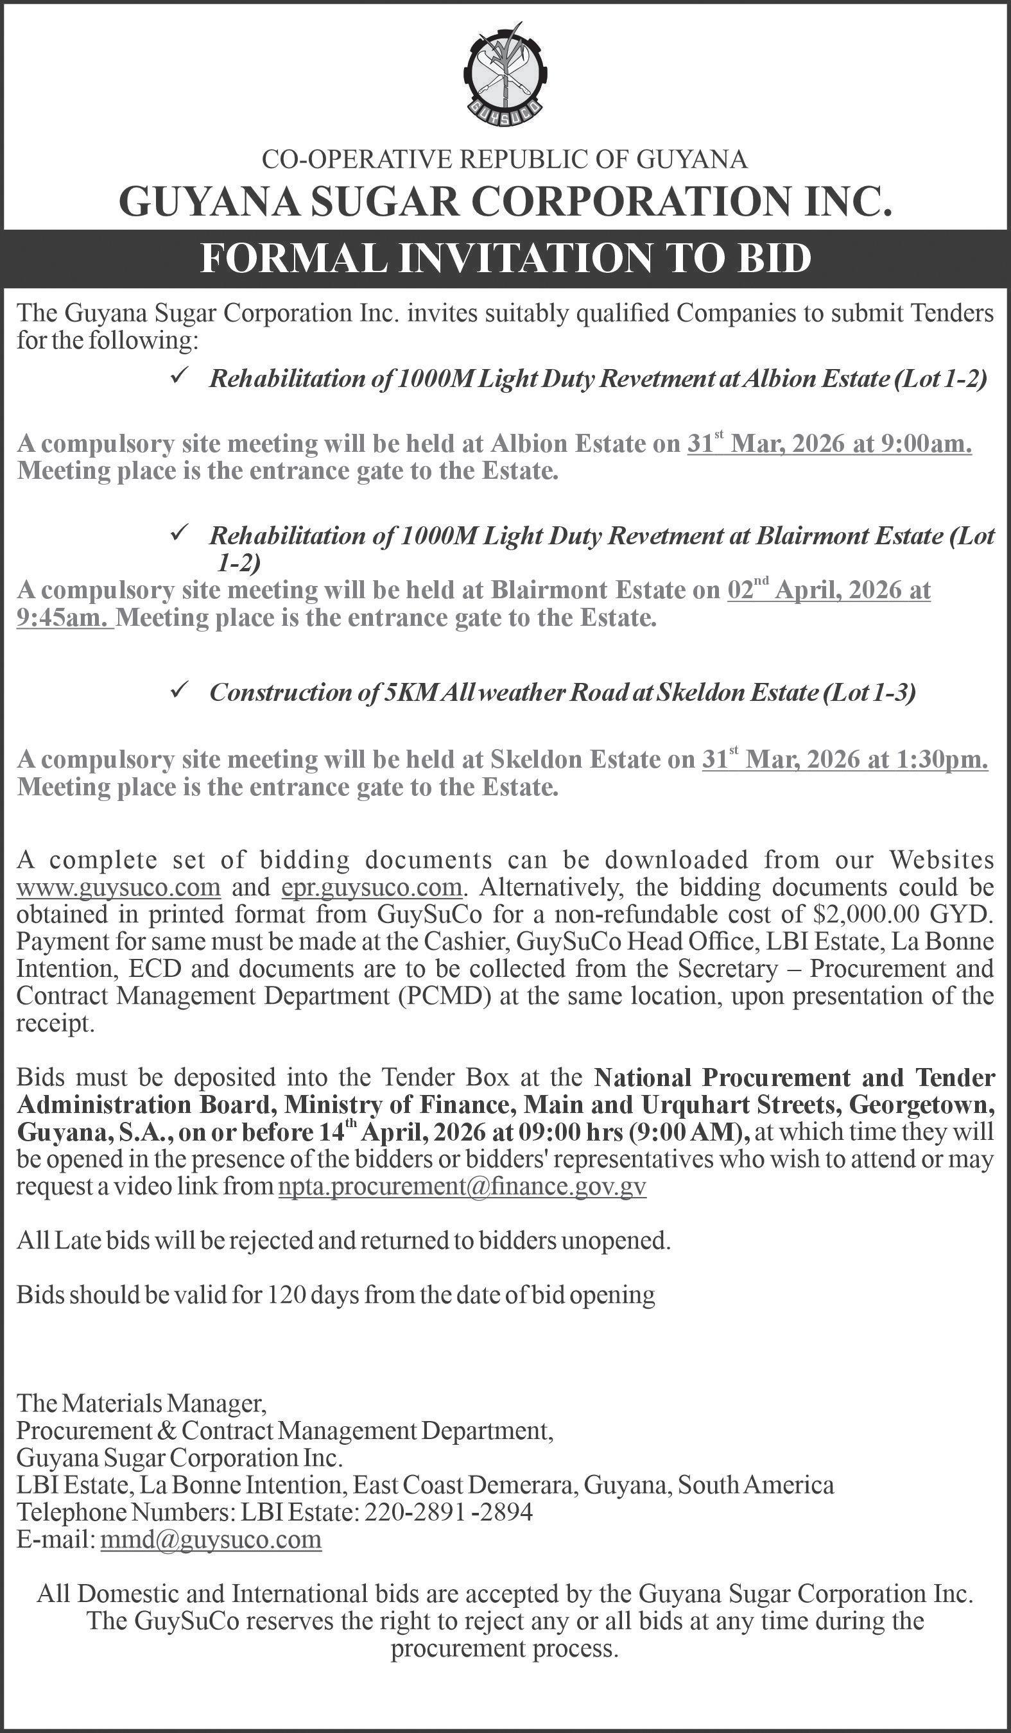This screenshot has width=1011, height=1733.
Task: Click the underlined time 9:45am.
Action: click(x=65, y=618)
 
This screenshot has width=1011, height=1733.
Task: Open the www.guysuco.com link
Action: click(x=118, y=887)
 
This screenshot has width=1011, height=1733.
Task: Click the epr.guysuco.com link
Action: click(x=372, y=887)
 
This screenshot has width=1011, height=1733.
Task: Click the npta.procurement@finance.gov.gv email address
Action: click(x=462, y=1187)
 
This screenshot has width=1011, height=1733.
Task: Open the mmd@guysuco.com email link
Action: click(x=211, y=1539)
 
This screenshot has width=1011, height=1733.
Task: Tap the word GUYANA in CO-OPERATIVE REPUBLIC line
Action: click(x=693, y=160)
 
